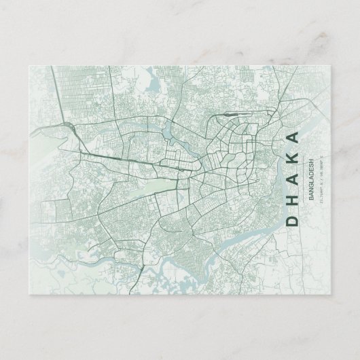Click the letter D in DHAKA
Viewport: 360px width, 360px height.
[x=292, y=221]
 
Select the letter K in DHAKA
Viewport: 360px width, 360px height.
[x=292, y=157]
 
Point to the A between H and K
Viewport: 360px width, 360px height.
[x=292, y=179]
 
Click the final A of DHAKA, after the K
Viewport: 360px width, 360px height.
[x=292, y=136]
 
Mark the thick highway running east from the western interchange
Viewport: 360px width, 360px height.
[x=122, y=157]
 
